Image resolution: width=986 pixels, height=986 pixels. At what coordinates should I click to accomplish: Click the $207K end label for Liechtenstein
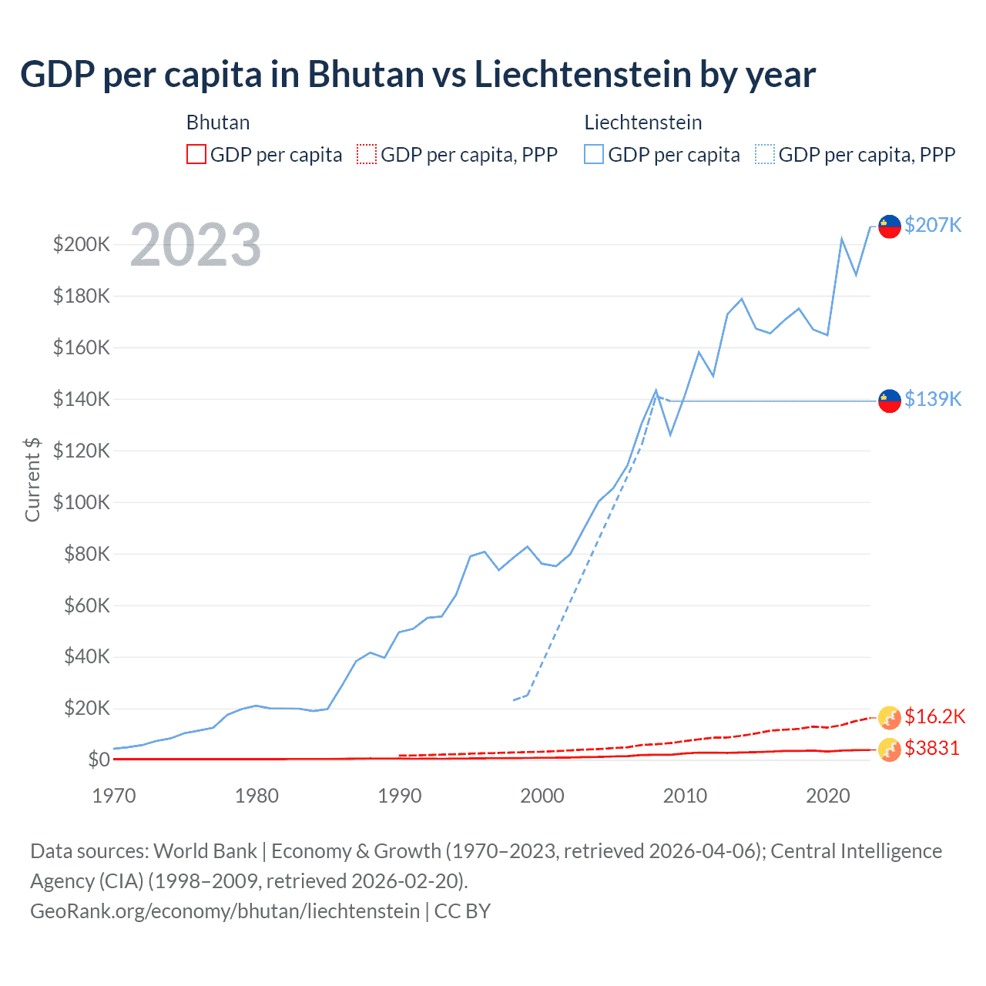[x=933, y=225]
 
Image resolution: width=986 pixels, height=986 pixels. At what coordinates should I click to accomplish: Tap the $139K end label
[x=933, y=399]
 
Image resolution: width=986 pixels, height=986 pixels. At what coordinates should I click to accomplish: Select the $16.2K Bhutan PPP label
[x=934, y=716]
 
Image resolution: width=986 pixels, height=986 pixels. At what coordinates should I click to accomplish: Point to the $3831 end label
[x=931, y=748]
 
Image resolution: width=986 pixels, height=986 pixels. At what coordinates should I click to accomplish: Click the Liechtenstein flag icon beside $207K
[x=890, y=226]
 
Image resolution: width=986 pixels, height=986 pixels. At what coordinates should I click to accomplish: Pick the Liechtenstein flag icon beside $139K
[x=890, y=401]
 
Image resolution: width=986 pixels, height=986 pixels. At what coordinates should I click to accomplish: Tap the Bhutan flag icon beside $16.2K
[x=890, y=717]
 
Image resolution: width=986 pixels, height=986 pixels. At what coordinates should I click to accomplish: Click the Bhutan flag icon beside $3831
[x=890, y=749]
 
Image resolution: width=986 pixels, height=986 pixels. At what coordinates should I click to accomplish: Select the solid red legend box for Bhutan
[x=196, y=154]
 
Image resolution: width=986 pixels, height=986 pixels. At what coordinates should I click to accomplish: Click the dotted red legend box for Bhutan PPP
[x=367, y=154]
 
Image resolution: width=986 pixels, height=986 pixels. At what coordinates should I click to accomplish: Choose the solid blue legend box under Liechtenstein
[x=594, y=154]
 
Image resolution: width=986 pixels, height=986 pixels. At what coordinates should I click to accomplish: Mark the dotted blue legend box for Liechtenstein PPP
[x=765, y=154]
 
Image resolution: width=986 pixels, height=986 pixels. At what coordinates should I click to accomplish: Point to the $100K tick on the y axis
[x=82, y=502]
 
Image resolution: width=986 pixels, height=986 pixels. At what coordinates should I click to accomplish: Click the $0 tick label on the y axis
[x=99, y=760]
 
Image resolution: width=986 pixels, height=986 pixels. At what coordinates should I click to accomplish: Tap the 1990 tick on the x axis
[x=400, y=796]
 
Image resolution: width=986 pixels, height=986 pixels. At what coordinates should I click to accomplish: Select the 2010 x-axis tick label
[x=685, y=796]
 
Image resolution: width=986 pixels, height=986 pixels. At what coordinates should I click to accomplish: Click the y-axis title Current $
[x=32, y=479]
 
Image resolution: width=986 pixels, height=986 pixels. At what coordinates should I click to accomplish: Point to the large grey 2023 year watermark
[x=196, y=245]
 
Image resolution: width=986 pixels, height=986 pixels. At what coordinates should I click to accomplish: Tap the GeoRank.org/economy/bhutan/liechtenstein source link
[x=225, y=911]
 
